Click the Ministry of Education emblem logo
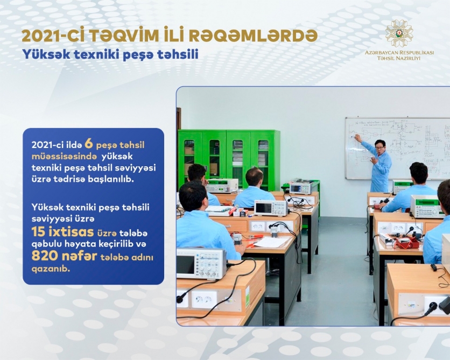click(399, 33)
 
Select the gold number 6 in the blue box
click(89, 144)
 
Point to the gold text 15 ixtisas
click(62, 231)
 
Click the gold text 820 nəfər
click(64, 256)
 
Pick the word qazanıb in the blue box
click(51, 270)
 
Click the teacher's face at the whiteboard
click(380, 148)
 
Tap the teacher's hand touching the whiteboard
click(357, 138)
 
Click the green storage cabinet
click(229, 159)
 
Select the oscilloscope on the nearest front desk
click(201, 263)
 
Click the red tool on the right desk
click(407, 243)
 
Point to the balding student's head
click(254, 177)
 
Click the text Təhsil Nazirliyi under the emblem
click(399, 58)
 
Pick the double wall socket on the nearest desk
click(205, 299)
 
